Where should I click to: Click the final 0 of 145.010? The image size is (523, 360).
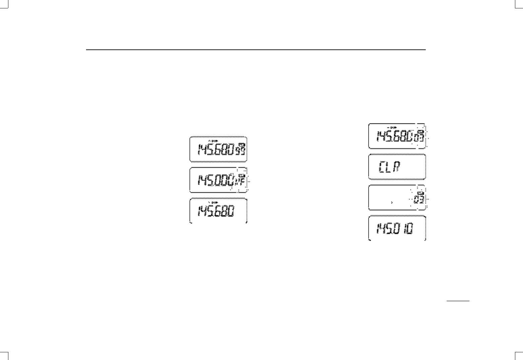pyautogui.click(x=409, y=229)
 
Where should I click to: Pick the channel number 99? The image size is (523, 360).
pyautogui.click(x=241, y=153)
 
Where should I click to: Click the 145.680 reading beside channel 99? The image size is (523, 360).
pyautogui.click(x=216, y=152)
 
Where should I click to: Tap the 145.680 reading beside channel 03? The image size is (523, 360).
pyautogui.click(x=395, y=136)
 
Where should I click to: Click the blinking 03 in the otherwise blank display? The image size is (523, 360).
pyautogui.click(x=419, y=199)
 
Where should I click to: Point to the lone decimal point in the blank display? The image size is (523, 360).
pyautogui.click(x=392, y=202)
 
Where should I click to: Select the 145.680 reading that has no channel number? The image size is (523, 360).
pyautogui.click(x=216, y=212)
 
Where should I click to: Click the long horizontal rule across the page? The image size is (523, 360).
pyautogui.click(x=256, y=50)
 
